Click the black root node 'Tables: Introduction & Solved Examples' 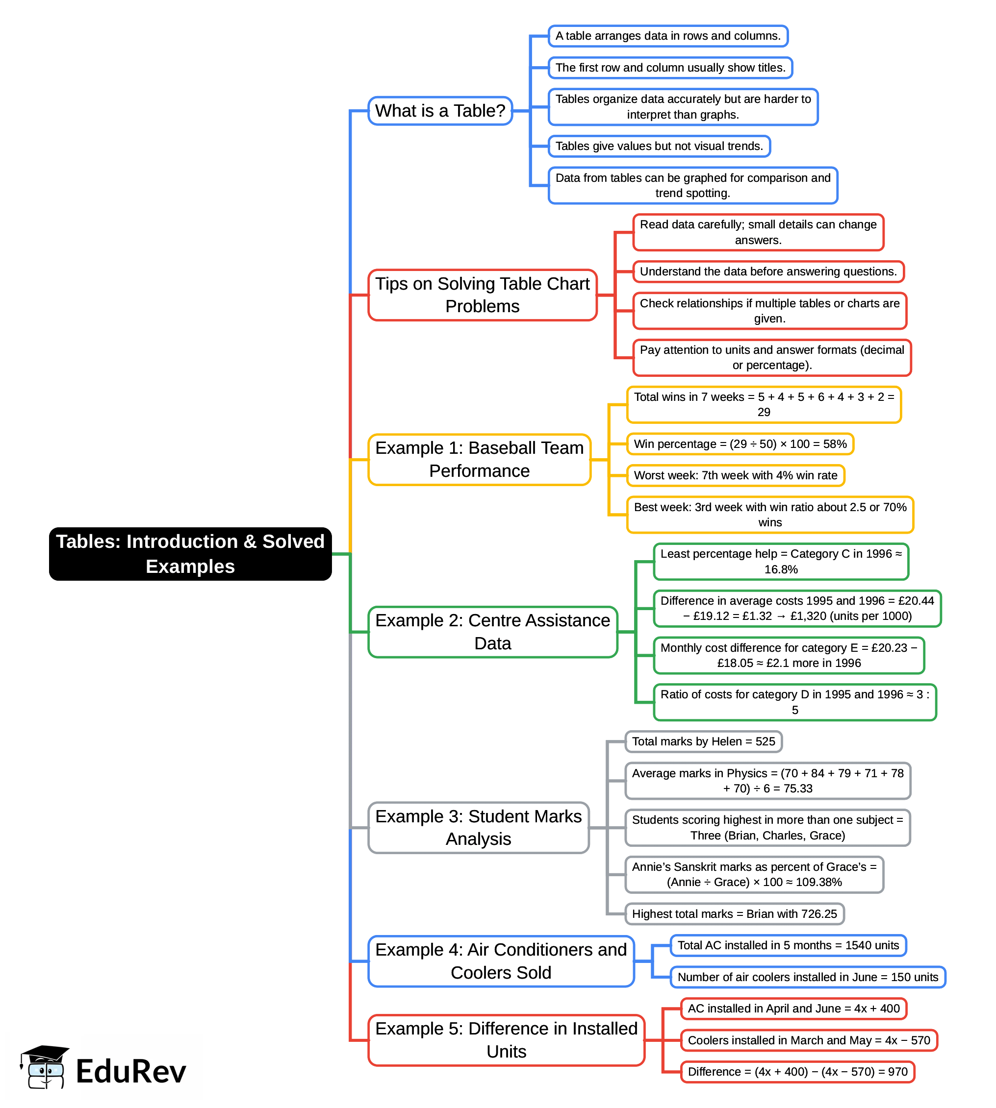click(190, 553)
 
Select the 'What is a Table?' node click(440, 111)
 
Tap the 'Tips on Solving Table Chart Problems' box click(482, 295)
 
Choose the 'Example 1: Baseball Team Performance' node click(480, 459)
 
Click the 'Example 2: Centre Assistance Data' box click(492, 632)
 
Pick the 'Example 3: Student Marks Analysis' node click(478, 827)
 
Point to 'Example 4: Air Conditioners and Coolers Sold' click(501, 961)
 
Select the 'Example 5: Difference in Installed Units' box click(506, 1040)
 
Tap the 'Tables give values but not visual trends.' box click(659, 146)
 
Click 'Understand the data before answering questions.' click(768, 271)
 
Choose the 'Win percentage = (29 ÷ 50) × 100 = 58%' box click(740, 443)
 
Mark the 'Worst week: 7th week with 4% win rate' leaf click(736, 475)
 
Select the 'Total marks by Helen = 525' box click(703, 741)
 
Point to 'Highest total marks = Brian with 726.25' click(735, 914)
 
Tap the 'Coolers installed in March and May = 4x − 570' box click(809, 1040)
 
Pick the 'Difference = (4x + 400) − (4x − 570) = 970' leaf click(797, 1071)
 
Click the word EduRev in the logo click(131, 1071)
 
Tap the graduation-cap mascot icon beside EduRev click(44, 1067)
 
